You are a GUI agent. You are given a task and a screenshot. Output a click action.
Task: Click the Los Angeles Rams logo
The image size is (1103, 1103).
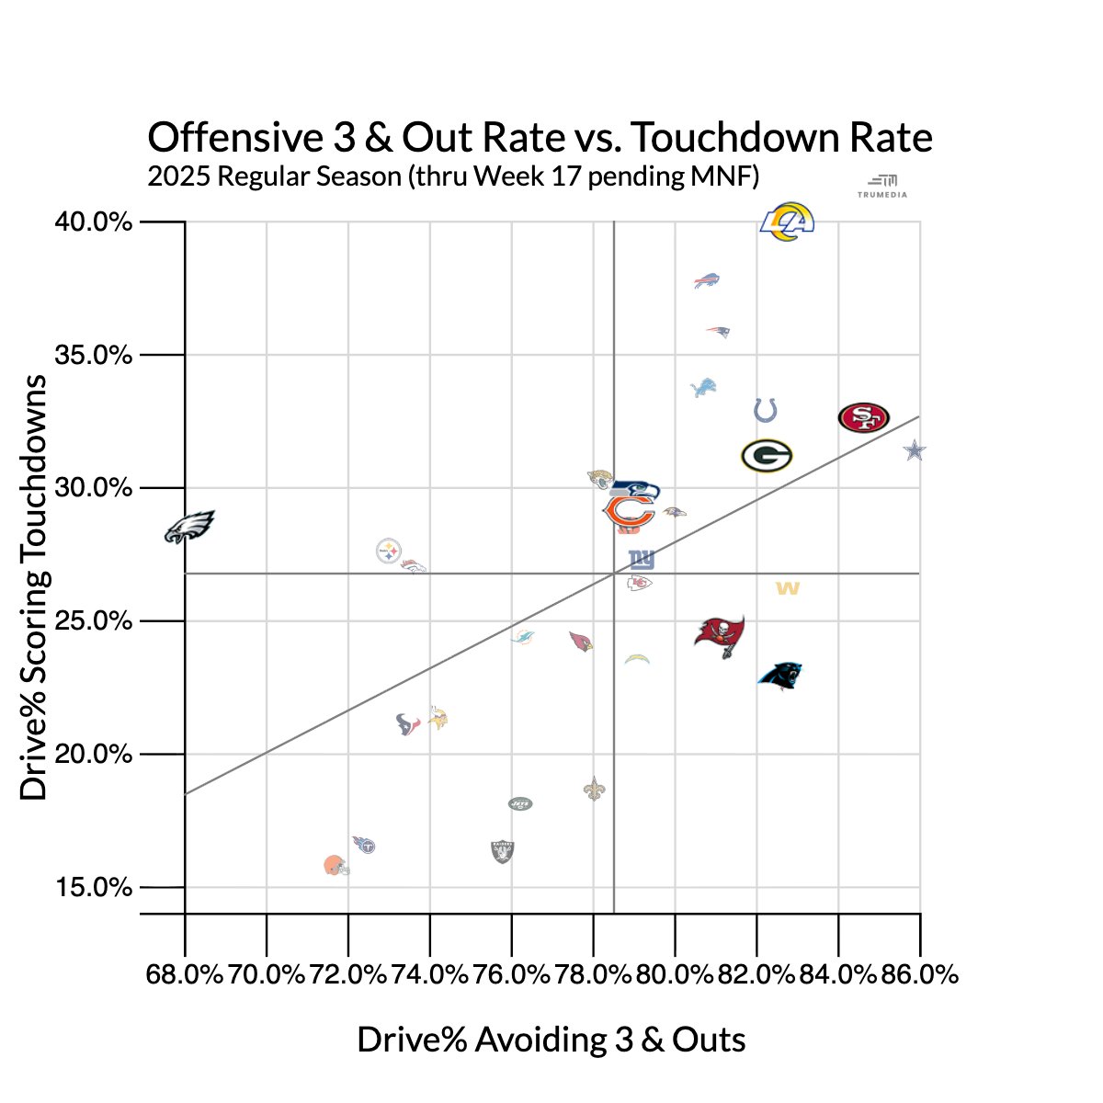coord(788,222)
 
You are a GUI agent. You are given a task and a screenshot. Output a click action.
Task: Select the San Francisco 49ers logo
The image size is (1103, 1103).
coord(864,417)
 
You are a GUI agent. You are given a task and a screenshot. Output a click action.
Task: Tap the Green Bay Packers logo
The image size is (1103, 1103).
coord(767,456)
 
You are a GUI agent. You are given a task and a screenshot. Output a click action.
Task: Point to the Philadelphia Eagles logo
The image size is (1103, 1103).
coord(189,527)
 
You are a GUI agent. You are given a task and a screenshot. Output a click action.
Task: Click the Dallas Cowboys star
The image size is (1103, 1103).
coord(914,450)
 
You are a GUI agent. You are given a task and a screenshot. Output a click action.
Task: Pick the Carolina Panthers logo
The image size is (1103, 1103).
coord(780,676)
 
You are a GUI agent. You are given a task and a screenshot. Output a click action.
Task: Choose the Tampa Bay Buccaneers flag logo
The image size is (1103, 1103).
coord(720,635)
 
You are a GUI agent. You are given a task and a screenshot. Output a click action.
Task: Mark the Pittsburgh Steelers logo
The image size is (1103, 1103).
coord(389,551)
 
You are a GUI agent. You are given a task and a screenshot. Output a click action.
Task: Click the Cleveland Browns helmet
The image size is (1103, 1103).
coord(335,866)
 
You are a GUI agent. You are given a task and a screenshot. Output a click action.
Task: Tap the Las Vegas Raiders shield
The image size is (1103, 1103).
coord(503,851)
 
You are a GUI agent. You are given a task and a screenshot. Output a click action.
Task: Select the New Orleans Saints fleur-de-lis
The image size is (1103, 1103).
coord(595,789)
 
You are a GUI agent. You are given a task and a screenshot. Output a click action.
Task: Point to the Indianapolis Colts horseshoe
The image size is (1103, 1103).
coord(766,410)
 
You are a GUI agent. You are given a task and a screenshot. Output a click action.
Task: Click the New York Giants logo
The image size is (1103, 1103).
coord(642,560)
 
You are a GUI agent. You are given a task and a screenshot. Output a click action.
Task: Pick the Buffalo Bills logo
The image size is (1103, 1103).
coord(707,280)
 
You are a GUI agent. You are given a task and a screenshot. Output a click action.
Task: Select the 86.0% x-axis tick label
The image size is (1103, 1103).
coord(919,975)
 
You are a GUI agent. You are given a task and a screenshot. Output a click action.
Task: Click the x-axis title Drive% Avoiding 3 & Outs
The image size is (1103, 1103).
coord(551,1040)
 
